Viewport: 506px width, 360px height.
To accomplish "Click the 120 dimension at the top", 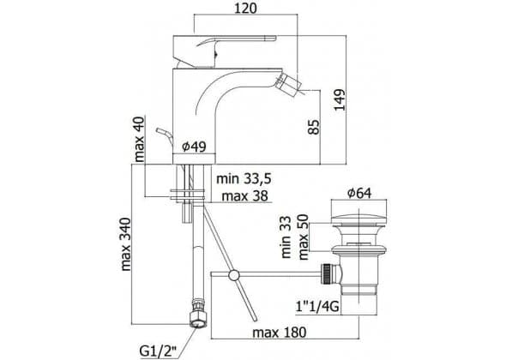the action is (x=245, y=8).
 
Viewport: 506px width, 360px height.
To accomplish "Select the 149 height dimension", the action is (x=340, y=99).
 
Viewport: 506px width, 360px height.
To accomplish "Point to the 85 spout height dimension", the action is (x=314, y=127).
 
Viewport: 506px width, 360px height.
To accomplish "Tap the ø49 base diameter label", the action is (x=194, y=147).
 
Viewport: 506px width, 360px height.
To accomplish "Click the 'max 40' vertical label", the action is (x=140, y=139).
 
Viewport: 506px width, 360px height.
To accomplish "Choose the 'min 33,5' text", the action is (x=244, y=178).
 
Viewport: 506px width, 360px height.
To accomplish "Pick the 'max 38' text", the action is (x=245, y=195).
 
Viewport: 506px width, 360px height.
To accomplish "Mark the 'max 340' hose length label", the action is (x=126, y=244).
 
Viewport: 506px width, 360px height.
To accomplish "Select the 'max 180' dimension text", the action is (x=279, y=332).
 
